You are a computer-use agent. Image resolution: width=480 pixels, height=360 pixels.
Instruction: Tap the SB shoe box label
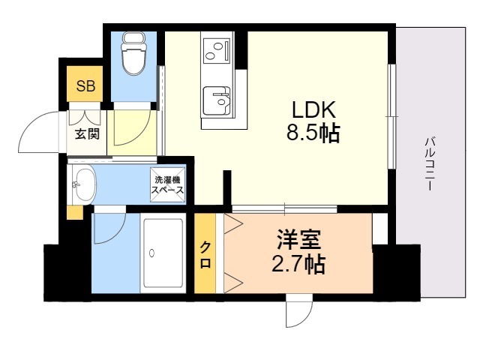pos(85,86)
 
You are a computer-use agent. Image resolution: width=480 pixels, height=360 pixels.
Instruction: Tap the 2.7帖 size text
pos(298,265)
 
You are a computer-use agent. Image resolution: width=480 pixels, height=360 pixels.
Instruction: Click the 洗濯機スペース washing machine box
pos(168,184)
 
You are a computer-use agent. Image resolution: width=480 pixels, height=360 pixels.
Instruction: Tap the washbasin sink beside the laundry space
pos(83,182)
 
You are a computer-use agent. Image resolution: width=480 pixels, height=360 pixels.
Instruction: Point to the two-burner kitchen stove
pos(217,51)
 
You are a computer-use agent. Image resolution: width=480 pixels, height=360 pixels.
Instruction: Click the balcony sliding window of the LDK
pos(391,116)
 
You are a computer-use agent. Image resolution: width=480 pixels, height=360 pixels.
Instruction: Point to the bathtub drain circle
pos(152,253)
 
